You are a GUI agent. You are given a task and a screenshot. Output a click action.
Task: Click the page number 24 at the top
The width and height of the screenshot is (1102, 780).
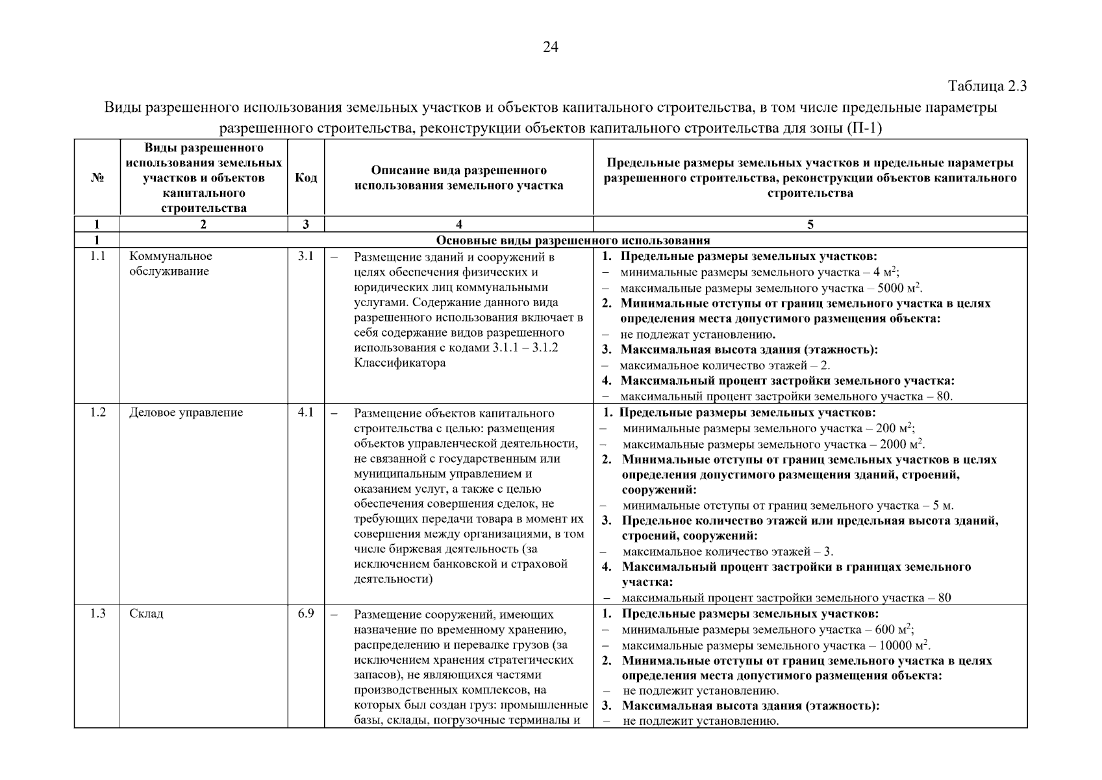tap(550, 47)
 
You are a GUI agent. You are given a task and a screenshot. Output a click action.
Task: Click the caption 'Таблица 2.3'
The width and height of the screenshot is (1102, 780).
tap(987, 86)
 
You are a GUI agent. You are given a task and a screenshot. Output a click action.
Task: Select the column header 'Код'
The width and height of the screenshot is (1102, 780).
tap(306, 178)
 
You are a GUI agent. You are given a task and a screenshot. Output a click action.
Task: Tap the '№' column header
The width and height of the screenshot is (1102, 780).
tap(97, 178)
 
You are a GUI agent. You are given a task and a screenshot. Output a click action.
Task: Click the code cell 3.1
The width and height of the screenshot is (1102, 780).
tap(306, 256)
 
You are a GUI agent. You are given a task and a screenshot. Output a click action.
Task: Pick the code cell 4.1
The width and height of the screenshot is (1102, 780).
tap(306, 412)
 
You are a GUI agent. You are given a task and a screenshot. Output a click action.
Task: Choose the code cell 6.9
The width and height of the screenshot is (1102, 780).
tap(306, 614)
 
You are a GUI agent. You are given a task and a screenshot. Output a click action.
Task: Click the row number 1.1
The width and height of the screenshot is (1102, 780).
tap(97, 256)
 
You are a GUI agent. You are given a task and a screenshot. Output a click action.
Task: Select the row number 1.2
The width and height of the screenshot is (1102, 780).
tap(97, 412)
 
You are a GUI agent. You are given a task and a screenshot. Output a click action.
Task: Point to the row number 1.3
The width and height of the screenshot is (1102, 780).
tap(97, 614)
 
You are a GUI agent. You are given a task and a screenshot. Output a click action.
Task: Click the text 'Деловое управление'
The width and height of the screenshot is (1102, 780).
tap(186, 413)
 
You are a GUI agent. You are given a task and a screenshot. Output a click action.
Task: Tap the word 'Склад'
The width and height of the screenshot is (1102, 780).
tap(146, 614)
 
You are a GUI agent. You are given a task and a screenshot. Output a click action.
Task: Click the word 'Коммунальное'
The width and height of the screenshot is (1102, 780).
tap(171, 257)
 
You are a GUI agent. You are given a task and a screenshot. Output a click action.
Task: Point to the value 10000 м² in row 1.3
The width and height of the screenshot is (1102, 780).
tap(903, 646)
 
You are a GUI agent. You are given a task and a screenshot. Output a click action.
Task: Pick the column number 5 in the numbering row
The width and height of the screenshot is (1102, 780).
tap(810, 225)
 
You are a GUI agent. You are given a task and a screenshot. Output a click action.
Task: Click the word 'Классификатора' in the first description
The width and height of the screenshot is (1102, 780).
tap(400, 363)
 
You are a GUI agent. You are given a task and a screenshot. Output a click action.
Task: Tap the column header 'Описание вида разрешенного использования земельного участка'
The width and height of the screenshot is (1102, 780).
tap(458, 178)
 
